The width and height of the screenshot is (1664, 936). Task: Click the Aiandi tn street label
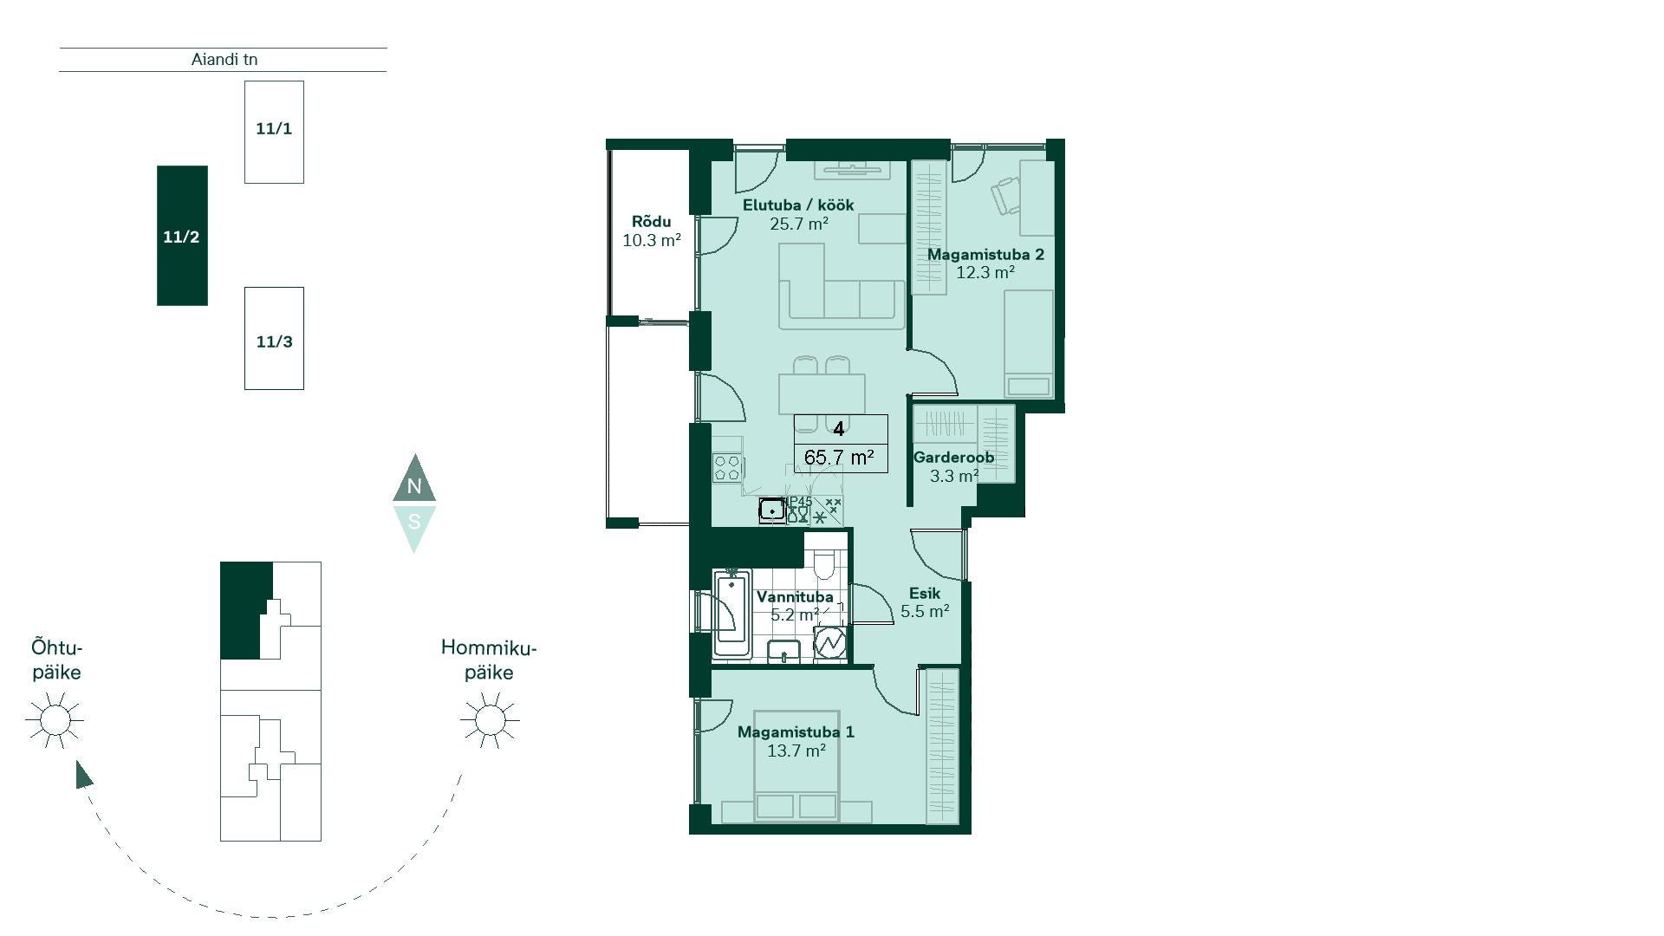[x=224, y=60]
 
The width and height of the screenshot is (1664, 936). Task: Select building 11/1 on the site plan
[x=274, y=132]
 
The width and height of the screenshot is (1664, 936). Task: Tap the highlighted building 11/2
[x=182, y=236]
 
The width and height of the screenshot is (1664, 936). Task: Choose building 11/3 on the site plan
[x=274, y=338]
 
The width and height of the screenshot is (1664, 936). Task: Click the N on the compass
[x=414, y=486]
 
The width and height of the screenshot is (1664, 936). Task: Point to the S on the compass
[x=414, y=522]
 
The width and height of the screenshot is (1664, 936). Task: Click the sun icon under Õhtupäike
[x=55, y=719]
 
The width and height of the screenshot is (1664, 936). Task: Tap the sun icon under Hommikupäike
[x=490, y=719]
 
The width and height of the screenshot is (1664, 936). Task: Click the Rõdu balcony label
[x=651, y=222]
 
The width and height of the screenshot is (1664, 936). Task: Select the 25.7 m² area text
[x=799, y=224]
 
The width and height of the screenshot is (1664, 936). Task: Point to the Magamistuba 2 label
[x=985, y=255]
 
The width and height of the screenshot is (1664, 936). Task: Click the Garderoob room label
[x=953, y=458]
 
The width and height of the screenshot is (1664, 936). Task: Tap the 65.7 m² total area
[x=839, y=458]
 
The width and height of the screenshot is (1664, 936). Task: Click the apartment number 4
[x=839, y=429]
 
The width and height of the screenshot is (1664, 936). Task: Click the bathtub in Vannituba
[x=732, y=614]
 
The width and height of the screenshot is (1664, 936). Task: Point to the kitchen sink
[x=771, y=510]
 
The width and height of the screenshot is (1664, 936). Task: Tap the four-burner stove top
[x=727, y=468]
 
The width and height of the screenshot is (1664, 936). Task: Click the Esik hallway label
[x=925, y=594]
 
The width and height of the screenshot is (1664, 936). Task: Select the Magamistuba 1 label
[x=796, y=732]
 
